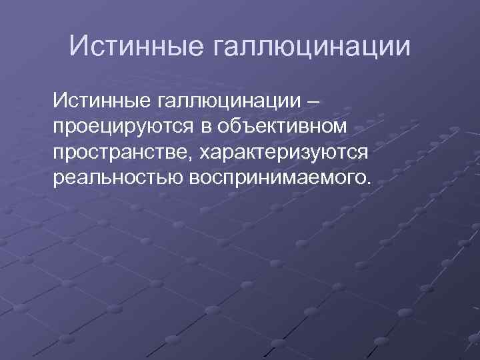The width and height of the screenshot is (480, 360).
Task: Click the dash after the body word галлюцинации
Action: coord(314,102)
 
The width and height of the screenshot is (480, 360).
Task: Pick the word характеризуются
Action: coord(281,153)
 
